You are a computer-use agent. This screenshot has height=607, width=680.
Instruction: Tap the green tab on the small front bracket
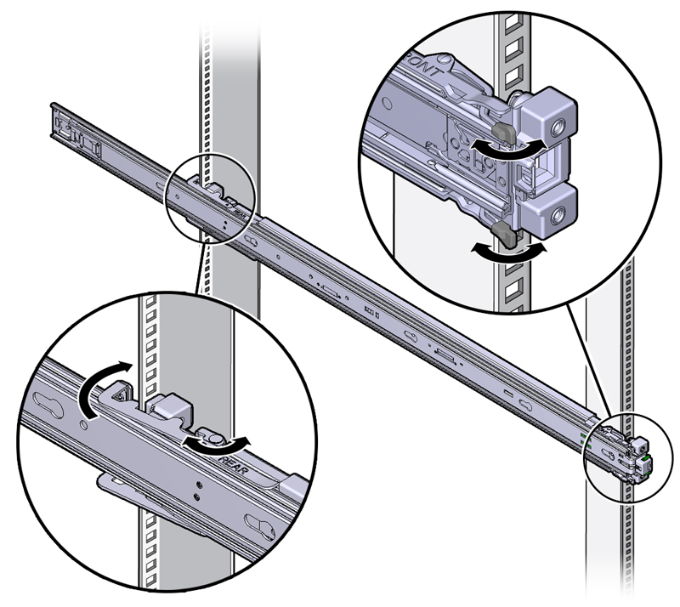coord(648,457)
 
